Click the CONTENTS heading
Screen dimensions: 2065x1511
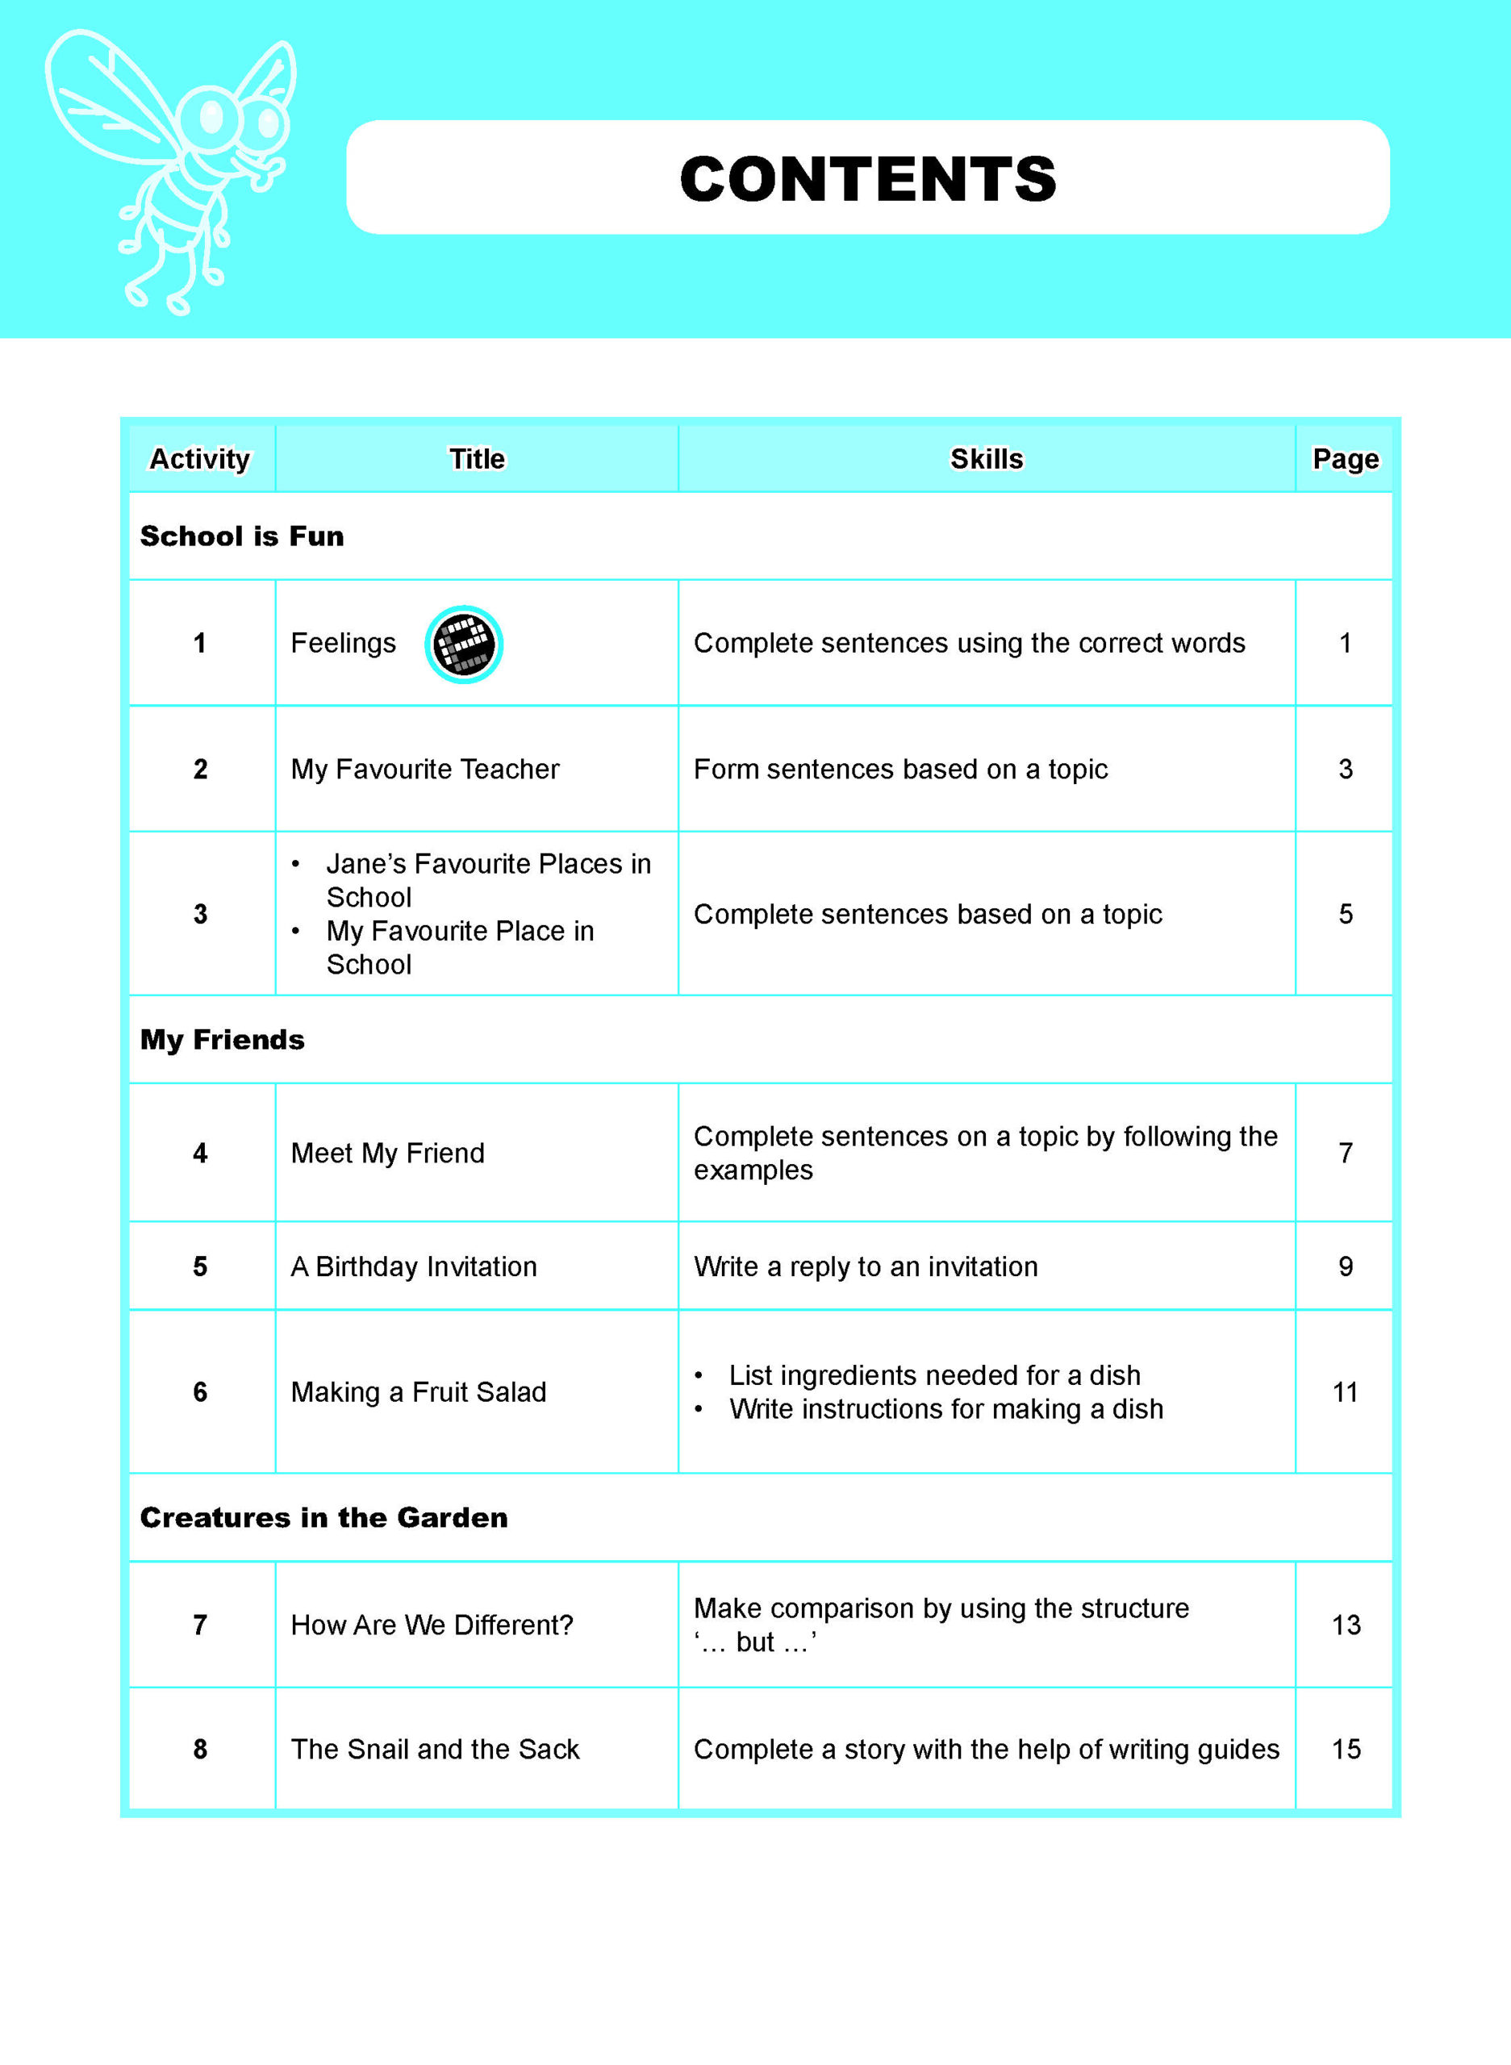(867, 178)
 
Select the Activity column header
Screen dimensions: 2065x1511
(199, 459)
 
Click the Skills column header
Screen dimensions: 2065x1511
(986, 459)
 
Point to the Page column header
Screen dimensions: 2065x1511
(1345, 459)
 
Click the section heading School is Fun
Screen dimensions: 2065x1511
(241, 536)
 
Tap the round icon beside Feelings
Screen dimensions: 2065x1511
(464, 644)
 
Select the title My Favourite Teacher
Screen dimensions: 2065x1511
(424, 769)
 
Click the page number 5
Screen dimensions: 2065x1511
(1346, 914)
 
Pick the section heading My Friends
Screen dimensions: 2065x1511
(223, 1040)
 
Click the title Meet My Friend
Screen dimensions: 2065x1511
(388, 1153)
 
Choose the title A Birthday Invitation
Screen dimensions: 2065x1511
(413, 1266)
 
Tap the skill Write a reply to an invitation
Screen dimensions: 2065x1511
(866, 1266)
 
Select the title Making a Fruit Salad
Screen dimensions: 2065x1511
(418, 1392)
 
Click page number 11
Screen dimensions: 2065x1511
(1345, 1392)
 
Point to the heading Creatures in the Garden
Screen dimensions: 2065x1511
(323, 1517)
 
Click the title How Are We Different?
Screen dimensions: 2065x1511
(432, 1625)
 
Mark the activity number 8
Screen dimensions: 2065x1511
(200, 1749)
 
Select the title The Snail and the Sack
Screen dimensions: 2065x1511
(435, 1749)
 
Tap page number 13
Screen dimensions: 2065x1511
(1346, 1625)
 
